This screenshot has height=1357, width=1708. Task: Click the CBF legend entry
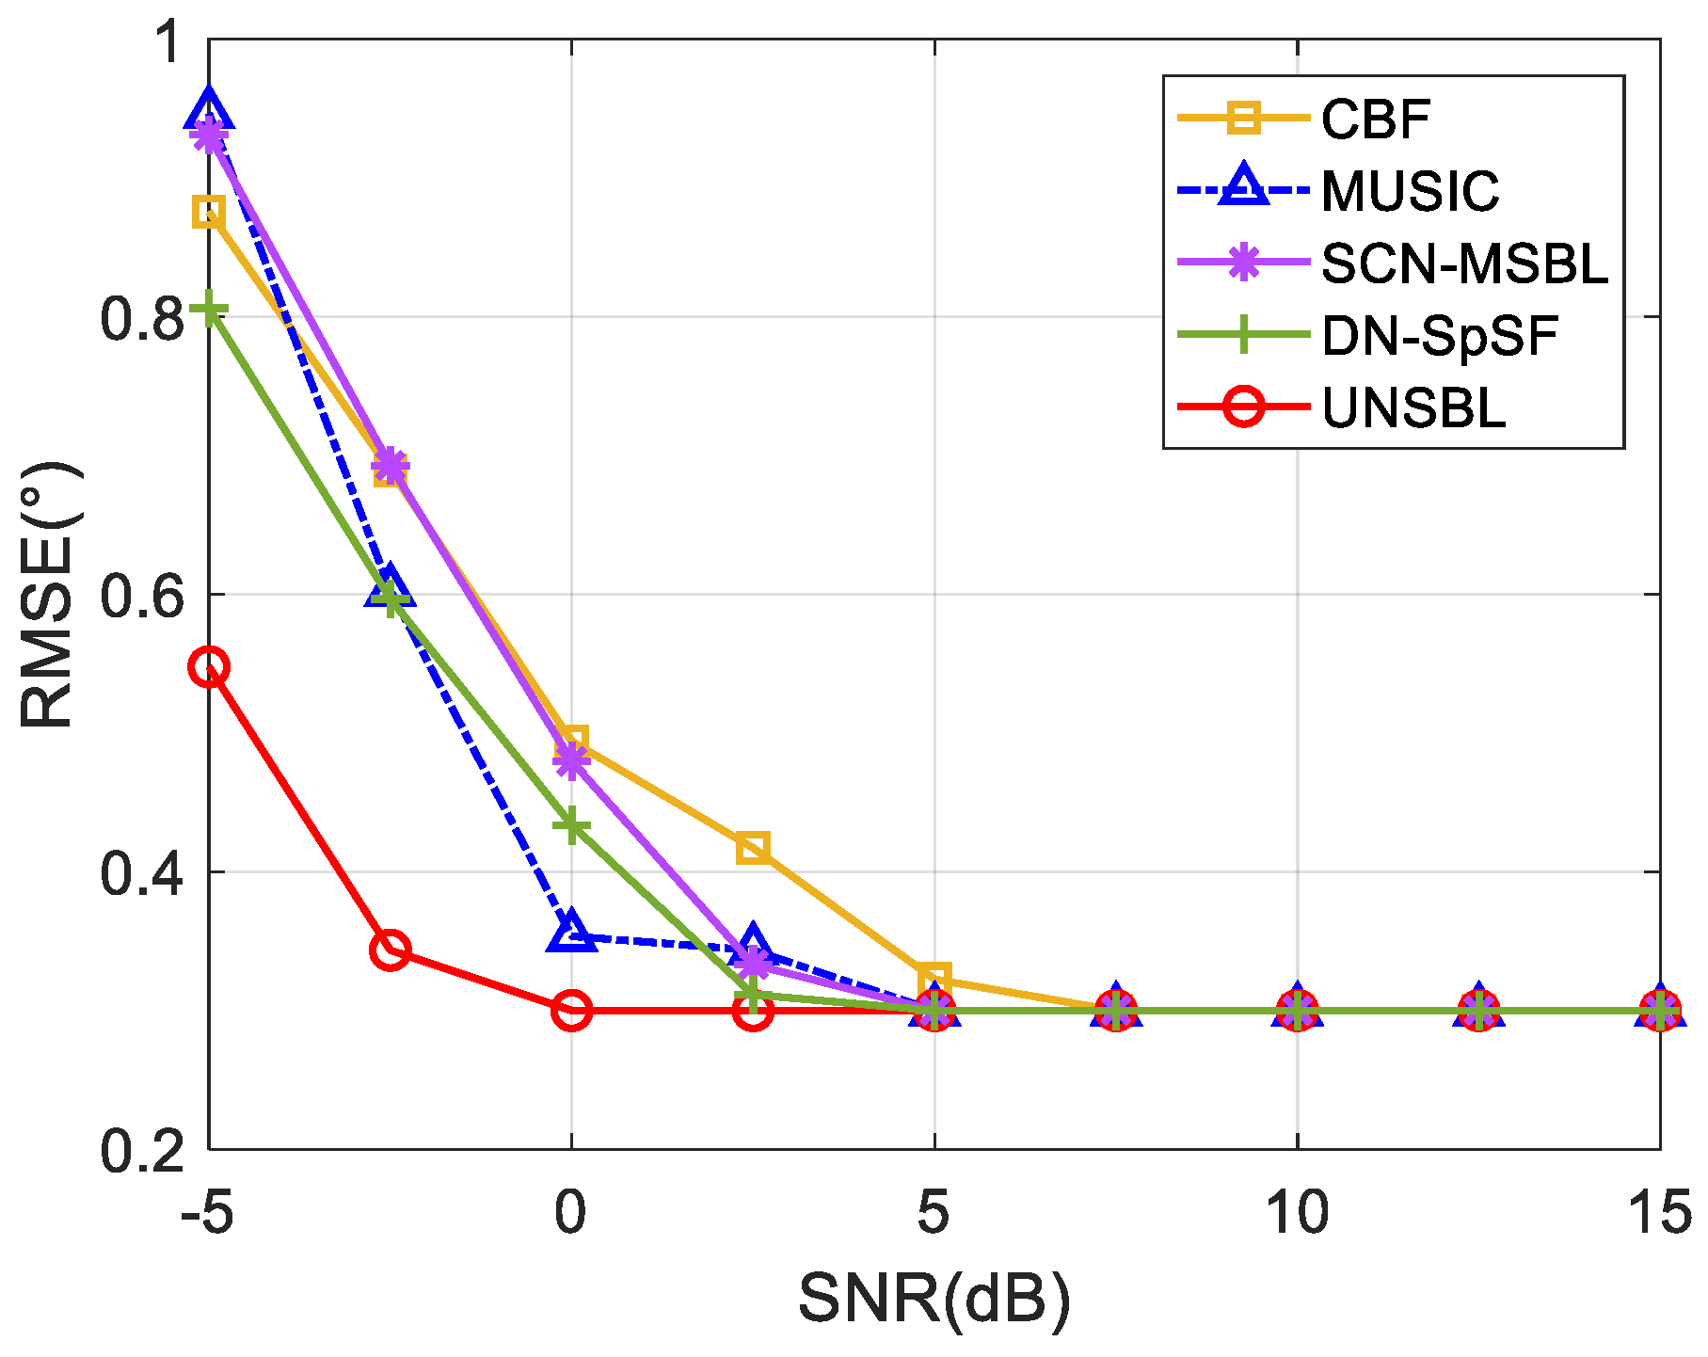click(1375, 119)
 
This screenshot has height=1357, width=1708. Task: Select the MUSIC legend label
click(1409, 191)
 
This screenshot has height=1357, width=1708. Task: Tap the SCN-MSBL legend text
click(1463, 263)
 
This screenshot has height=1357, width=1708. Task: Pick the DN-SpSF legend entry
click(1439, 336)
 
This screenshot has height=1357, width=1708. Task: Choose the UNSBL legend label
click(1413, 408)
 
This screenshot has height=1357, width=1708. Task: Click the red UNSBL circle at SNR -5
click(209, 667)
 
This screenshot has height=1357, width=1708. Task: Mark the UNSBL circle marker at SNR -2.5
click(390, 950)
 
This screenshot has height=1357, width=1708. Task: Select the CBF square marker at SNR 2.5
click(753, 848)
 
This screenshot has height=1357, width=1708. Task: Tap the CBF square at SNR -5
click(209, 213)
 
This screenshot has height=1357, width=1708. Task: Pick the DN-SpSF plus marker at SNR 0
click(571, 826)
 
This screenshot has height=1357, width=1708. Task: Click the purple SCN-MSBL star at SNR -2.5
click(390, 465)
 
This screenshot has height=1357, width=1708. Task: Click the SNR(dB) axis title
click(934, 1301)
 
